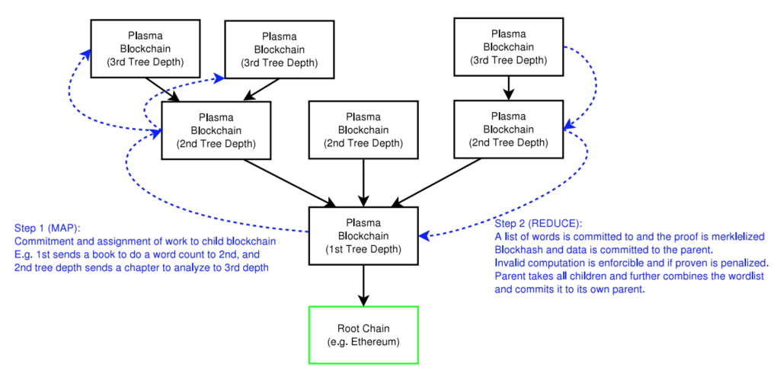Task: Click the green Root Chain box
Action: point(363,334)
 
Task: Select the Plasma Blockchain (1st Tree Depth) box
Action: point(363,235)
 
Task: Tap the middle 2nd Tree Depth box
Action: point(363,130)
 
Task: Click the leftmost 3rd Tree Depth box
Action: point(145,49)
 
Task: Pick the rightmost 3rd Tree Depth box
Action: point(508,46)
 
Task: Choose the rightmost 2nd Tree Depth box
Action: point(508,129)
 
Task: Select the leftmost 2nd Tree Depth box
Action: point(216,130)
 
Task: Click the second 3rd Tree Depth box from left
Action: point(279,49)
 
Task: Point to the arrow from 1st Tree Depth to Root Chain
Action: point(363,285)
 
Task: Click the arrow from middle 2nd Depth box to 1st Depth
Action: point(363,183)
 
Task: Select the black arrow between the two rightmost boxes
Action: point(508,88)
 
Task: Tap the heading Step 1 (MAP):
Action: point(47,228)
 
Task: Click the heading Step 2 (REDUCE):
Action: point(538,222)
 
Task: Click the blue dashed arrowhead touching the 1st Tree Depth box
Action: point(424,235)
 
